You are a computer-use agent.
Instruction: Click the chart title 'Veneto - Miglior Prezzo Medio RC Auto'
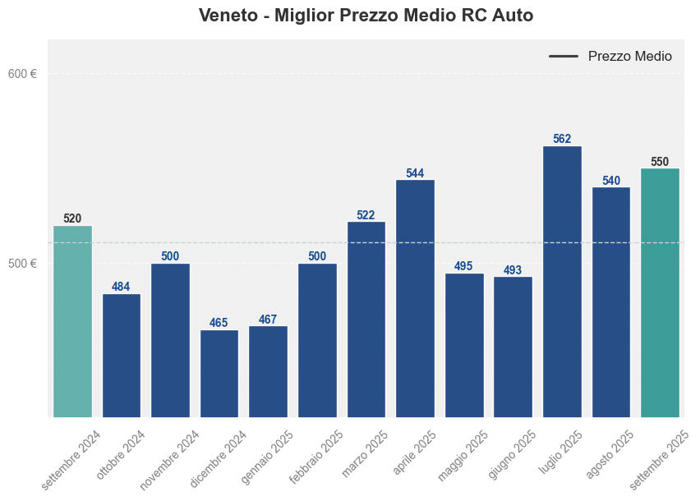366,16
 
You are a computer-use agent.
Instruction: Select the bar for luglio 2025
562,281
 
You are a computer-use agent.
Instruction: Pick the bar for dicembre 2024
219,373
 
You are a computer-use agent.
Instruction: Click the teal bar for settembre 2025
660,292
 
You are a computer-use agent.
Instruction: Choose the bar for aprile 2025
415,297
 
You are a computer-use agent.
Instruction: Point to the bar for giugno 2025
513,346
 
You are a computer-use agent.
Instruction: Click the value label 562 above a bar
562,139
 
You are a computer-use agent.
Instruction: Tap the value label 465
219,323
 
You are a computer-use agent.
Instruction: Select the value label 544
415,173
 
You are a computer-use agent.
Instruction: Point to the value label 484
121,287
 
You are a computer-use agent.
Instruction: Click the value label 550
660,162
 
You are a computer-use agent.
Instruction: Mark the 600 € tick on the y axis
22,74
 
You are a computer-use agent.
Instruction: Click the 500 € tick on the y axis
22,264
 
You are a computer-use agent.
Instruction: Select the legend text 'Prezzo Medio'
629,57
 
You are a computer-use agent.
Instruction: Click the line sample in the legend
564,57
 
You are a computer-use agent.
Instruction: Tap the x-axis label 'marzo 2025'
366,453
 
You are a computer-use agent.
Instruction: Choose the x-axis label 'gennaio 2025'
266,457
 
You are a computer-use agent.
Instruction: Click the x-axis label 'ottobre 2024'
122,454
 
